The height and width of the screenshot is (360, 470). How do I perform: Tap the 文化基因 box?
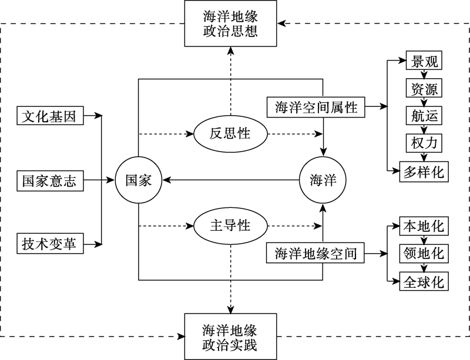[x=49, y=116]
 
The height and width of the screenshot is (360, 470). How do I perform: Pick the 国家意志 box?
[x=49, y=180]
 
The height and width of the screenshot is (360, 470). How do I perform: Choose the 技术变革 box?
[x=49, y=244]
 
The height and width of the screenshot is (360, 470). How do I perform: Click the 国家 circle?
[x=139, y=180]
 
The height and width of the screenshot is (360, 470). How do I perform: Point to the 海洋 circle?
[x=323, y=180]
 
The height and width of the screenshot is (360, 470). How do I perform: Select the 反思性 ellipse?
[x=230, y=134]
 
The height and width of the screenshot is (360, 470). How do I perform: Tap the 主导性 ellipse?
[x=230, y=226]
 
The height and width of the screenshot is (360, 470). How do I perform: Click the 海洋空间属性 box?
[x=315, y=107]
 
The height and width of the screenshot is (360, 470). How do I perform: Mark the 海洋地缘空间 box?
[x=315, y=254]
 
